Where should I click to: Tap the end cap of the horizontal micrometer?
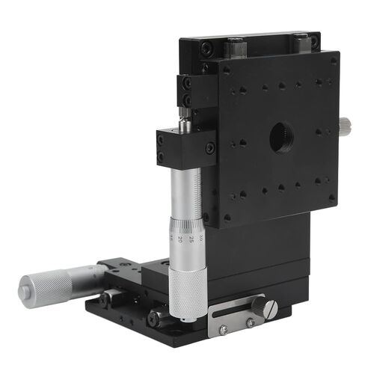[x=23, y=285]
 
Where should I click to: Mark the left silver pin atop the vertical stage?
[x=234, y=46]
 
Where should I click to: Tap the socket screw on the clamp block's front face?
[x=209, y=147]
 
